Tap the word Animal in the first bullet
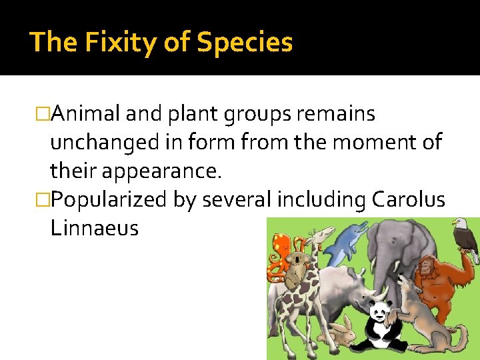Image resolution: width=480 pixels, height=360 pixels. (x=85, y=114)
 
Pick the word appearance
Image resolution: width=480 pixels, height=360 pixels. (x=161, y=171)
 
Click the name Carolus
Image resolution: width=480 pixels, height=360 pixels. (x=408, y=199)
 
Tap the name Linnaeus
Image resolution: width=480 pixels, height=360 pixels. (x=94, y=228)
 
